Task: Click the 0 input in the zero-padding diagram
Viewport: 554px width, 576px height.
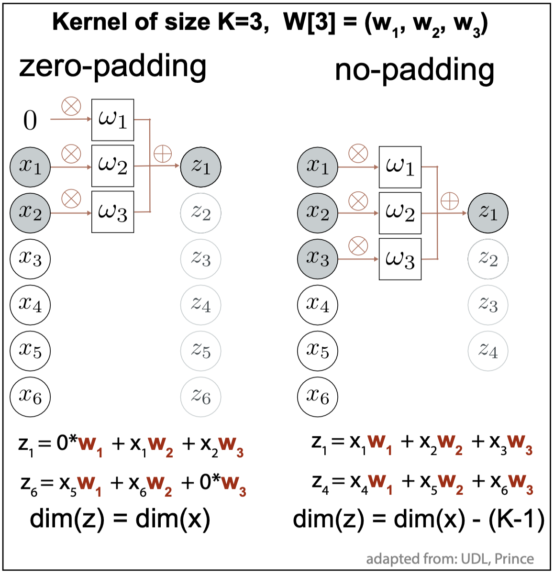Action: click(30, 120)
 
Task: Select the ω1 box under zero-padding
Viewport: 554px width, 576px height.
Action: click(112, 120)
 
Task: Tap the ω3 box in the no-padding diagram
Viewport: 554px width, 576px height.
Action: click(400, 259)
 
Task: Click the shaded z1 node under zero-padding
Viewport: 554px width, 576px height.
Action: click(201, 166)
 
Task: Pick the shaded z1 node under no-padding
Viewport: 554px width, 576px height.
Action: click(488, 213)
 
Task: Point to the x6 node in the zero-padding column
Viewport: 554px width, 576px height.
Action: click(30, 397)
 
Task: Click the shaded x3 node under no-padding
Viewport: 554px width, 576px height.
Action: click(318, 259)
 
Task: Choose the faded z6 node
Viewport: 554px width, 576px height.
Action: click(201, 397)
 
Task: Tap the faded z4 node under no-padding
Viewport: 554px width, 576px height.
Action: click(488, 351)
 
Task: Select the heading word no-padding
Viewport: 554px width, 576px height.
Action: click(414, 70)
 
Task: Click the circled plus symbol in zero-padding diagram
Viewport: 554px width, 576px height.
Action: click(163, 154)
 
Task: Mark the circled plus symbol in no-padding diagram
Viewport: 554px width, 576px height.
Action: click(450, 201)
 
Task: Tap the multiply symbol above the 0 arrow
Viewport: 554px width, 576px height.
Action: click(71, 106)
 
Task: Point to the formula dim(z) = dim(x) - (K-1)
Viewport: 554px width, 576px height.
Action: click(419, 520)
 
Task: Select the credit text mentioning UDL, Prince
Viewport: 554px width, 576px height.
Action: click(450, 559)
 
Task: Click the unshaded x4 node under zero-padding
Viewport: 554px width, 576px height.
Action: click(30, 305)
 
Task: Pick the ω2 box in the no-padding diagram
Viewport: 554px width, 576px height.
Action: click(400, 213)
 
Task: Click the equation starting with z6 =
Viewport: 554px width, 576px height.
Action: click(133, 484)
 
